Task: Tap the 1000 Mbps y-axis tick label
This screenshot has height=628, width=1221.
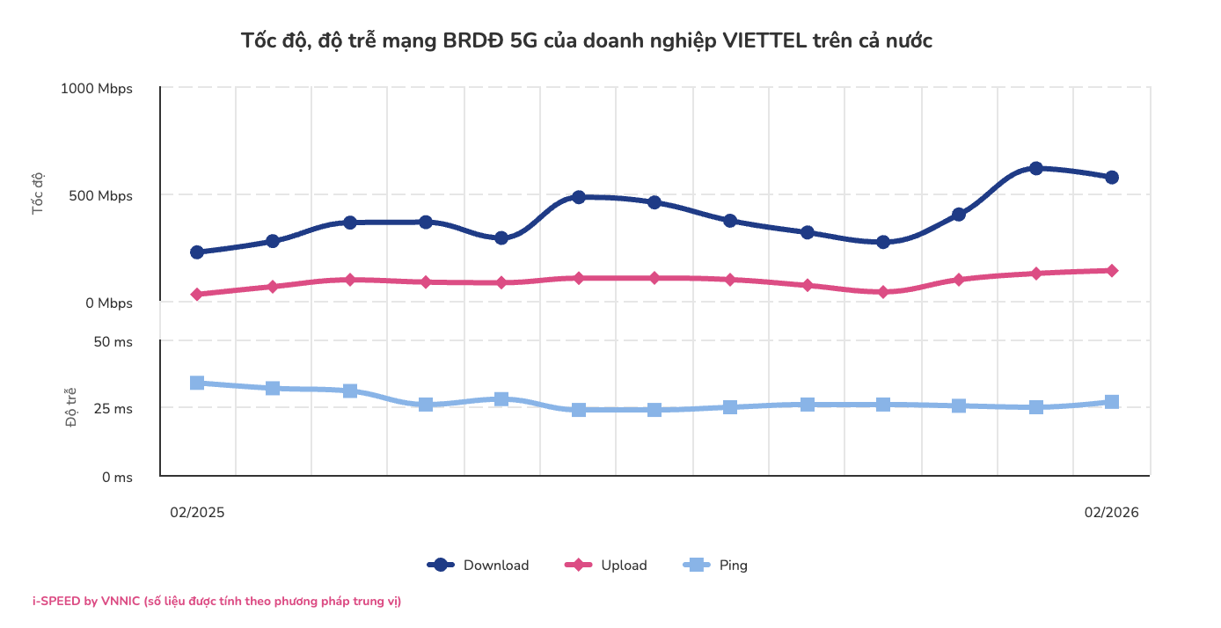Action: pyautogui.click(x=97, y=89)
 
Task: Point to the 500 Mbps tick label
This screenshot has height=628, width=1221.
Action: pyautogui.click(x=101, y=196)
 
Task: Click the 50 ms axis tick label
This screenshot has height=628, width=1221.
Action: pyautogui.click(x=113, y=341)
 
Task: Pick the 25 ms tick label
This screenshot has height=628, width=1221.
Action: pyautogui.click(x=113, y=409)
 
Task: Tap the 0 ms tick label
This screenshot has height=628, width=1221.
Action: pyautogui.click(x=116, y=478)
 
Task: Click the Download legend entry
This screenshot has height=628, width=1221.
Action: pyautogui.click(x=479, y=566)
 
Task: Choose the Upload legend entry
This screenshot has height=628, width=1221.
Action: pyautogui.click(x=607, y=566)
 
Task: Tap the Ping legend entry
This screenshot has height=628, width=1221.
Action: pyautogui.click(x=716, y=566)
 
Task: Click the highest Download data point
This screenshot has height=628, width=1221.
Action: pyautogui.click(x=1035, y=168)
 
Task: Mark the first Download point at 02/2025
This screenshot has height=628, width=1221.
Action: pyautogui.click(x=197, y=252)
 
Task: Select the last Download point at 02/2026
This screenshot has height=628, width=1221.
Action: pyautogui.click(x=1112, y=177)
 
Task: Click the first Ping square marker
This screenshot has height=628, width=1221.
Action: pyautogui.click(x=197, y=383)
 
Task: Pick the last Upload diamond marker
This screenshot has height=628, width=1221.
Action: pyautogui.click(x=1112, y=271)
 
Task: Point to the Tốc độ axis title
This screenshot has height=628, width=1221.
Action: pyautogui.click(x=38, y=195)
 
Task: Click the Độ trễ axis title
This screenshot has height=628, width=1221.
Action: pyautogui.click(x=72, y=408)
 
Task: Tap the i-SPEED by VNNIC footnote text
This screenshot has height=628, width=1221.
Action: pyautogui.click(x=216, y=602)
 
